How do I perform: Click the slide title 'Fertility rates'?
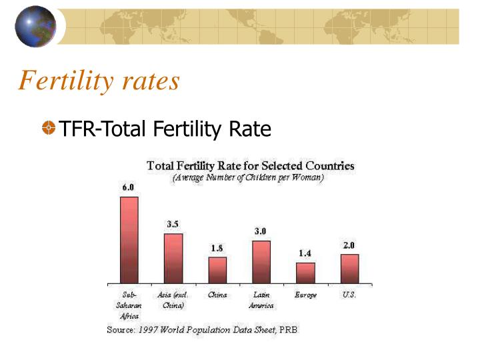[x=99, y=81]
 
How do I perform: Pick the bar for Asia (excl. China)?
[x=173, y=259]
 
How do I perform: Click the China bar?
[x=217, y=270]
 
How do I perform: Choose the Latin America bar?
[x=261, y=262]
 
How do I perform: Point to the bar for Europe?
[x=305, y=273]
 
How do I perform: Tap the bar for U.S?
[x=349, y=269]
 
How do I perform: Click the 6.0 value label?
[x=127, y=187]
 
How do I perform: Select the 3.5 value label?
[x=172, y=224]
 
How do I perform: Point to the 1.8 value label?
[x=217, y=248]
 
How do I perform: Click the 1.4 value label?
[x=305, y=253]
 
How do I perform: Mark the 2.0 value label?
[x=349, y=245]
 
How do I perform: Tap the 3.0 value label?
[x=261, y=231]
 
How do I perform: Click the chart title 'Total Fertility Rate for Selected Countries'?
[x=250, y=165]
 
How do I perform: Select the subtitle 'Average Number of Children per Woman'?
[x=248, y=178]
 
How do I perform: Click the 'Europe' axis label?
[x=305, y=295]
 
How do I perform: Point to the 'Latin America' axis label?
[x=261, y=300]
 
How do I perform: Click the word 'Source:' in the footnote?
[x=121, y=330]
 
